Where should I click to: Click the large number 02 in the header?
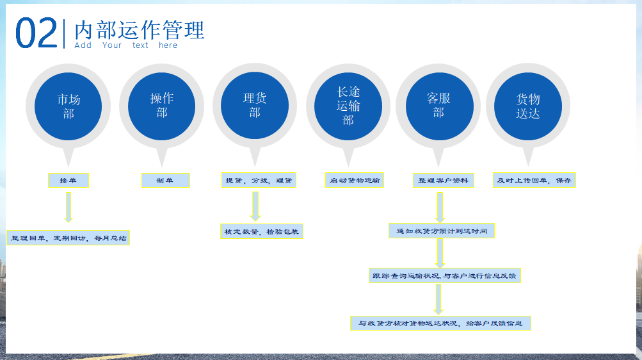click(36, 33)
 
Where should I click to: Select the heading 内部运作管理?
click(139, 30)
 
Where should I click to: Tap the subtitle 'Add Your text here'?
click(126, 45)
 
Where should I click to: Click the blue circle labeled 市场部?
click(68, 106)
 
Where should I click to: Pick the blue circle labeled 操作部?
click(162, 106)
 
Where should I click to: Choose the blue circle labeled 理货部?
click(255, 105)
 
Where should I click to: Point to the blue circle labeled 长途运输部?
click(348, 106)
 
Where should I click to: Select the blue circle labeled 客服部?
click(439, 106)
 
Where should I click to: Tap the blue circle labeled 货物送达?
click(528, 106)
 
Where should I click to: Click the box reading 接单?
click(68, 180)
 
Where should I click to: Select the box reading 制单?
click(166, 180)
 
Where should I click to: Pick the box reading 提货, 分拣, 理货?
click(259, 180)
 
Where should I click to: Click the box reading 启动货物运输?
click(355, 180)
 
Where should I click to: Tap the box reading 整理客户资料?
click(444, 180)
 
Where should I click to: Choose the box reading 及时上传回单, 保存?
click(534, 180)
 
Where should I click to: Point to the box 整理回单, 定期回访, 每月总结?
click(68, 238)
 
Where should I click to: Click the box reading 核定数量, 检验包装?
click(262, 231)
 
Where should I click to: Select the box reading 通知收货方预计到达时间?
click(442, 231)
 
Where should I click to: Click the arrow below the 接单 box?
click(68, 208)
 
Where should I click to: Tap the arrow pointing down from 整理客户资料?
click(440, 208)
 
